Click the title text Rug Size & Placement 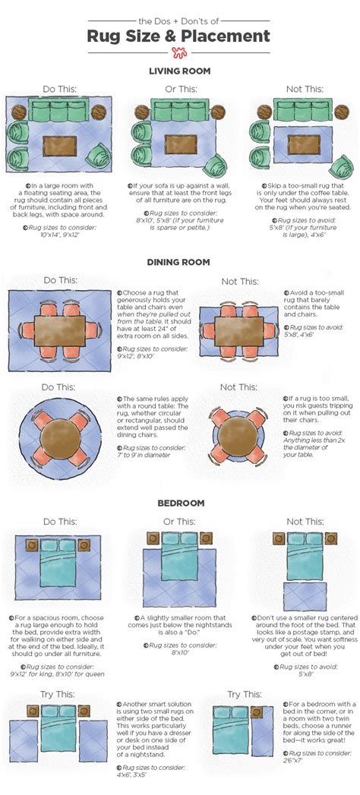click(x=179, y=36)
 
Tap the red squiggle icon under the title click(x=180, y=52)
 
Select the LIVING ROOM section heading click(x=179, y=71)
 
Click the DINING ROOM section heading click(x=179, y=263)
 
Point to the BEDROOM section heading click(x=179, y=503)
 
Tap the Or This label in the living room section click(x=180, y=89)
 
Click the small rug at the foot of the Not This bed click(x=302, y=596)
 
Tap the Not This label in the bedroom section click(x=303, y=522)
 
